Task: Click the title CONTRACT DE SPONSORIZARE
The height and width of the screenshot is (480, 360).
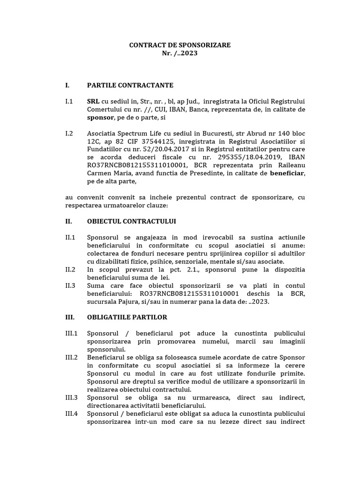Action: [x=180, y=45]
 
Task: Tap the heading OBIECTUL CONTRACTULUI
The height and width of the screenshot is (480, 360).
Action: [x=131, y=221]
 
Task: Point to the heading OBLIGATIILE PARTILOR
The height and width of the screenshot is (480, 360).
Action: [x=127, y=317]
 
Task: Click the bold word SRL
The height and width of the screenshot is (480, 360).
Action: [x=93, y=101]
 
